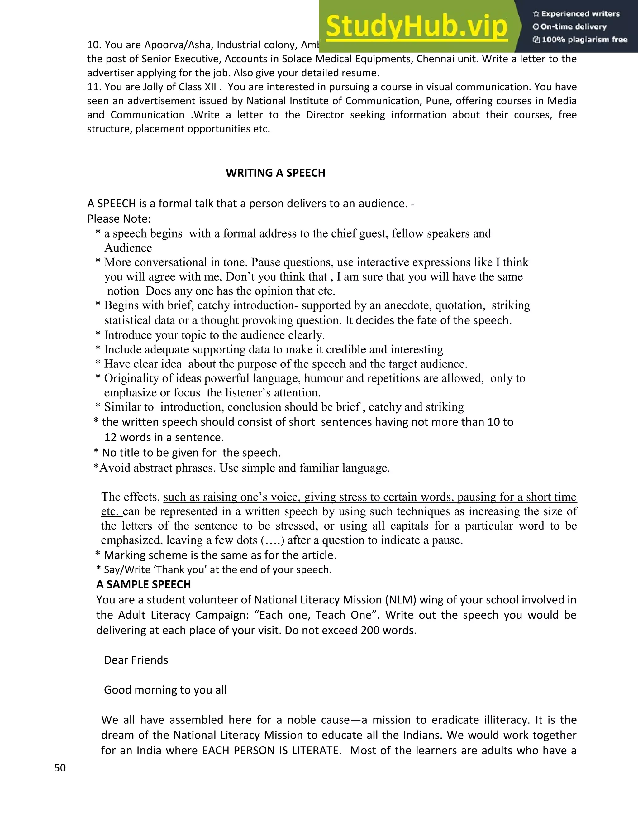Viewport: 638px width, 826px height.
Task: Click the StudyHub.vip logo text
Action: pyautogui.click(x=416, y=26)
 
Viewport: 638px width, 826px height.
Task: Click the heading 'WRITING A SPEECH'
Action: pyautogui.click(x=275, y=173)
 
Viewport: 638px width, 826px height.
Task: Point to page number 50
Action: pyautogui.click(x=60, y=768)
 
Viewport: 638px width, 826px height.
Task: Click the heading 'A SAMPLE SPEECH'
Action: pyautogui.click(x=143, y=584)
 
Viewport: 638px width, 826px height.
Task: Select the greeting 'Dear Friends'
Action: pyautogui.click(x=136, y=660)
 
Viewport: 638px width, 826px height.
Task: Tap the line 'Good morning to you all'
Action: pyautogui.click(x=165, y=690)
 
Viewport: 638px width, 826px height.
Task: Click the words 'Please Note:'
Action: pyautogui.click(x=119, y=219)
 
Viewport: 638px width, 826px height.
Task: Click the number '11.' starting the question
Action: pyautogui.click(x=94, y=87)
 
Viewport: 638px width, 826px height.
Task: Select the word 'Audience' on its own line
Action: pyautogui.click(x=128, y=248)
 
